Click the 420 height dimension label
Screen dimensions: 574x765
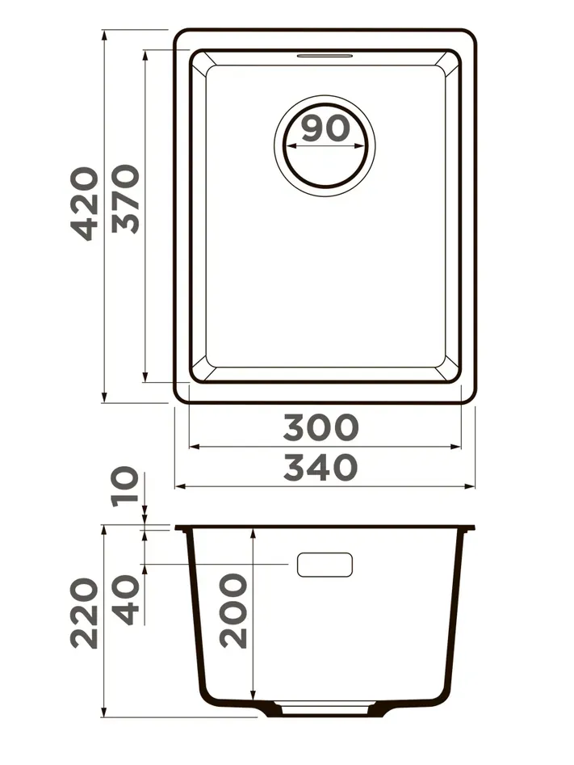pyautogui.click(x=85, y=204)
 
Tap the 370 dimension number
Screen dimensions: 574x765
pyautogui.click(x=125, y=198)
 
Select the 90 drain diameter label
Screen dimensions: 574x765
pyautogui.click(x=326, y=128)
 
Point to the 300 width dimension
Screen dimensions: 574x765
pyautogui.click(x=321, y=427)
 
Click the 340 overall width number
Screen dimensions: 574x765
pyautogui.click(x=321, y=468)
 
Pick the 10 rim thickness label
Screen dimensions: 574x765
pyautogui.click(x=125, y=486)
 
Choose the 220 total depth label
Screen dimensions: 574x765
pyautogui.click(x=85, y=613)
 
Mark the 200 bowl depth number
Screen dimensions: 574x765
pyautogui.click(x=233, y=611)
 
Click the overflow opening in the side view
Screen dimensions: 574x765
pyautogui.click(x=325, y=565)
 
